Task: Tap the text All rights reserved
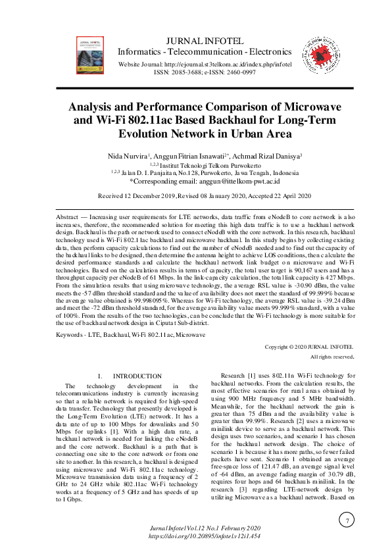332,357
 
